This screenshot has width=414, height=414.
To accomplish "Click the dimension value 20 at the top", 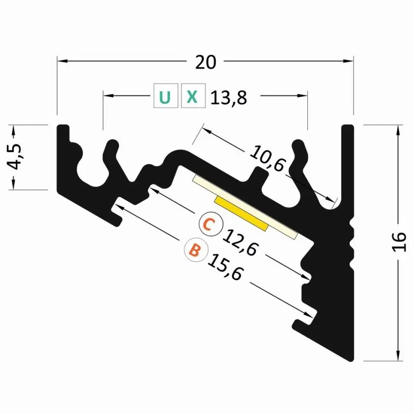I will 205,61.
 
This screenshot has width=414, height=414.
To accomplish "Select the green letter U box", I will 165,96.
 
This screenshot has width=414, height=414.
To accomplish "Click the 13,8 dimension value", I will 229,98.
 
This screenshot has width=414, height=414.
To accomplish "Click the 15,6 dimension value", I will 225,266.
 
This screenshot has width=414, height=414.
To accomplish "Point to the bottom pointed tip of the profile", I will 351,360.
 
